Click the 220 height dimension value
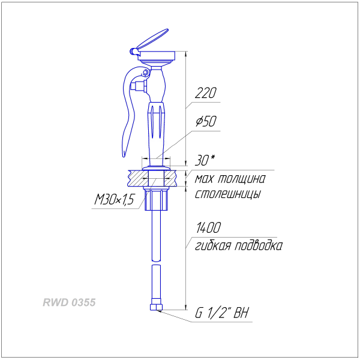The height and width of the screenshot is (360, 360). pos(205,93)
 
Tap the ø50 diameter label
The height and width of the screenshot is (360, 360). pos(206,121)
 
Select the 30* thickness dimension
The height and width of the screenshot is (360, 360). pos(205,160)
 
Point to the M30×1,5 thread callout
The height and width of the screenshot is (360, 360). pos(114,199)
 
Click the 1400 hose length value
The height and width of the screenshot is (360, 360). pos(208,227)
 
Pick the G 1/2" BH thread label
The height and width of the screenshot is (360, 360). pos(221,313)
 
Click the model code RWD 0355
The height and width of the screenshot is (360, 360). pos(69,302)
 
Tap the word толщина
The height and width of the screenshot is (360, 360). pos(241,179)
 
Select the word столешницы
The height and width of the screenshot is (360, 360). pos(228,194)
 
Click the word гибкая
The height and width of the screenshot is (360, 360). pos(213,245)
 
